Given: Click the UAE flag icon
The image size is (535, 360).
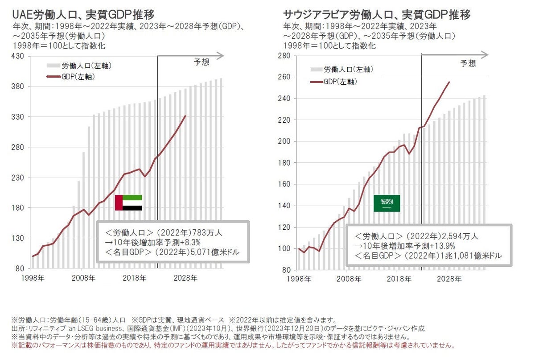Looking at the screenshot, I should [x=128, y=203].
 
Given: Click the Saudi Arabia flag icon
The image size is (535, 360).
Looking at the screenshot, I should [x=387, y=203].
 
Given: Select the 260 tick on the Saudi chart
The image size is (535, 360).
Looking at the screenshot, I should [x=284, y=77].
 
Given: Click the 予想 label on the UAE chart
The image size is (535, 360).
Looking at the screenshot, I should [x=202, y=62].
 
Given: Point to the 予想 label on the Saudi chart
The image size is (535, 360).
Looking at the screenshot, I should [x=468, y=63].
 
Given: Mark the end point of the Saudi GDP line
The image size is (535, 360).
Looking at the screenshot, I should [x=449, y=82].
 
